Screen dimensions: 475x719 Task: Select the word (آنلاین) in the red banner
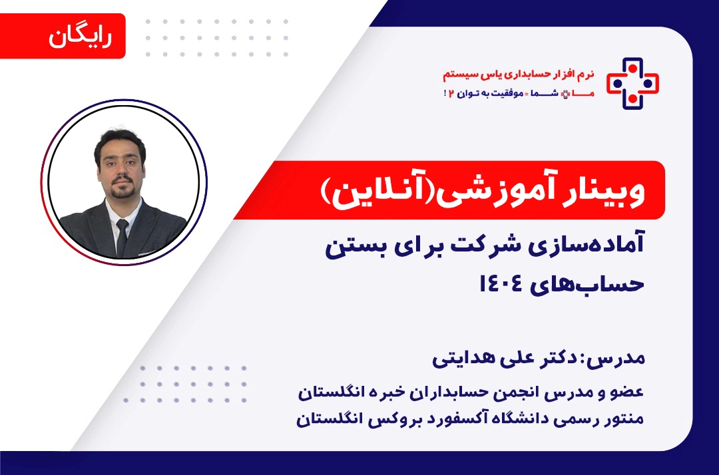371,191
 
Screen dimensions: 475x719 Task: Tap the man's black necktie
122,233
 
